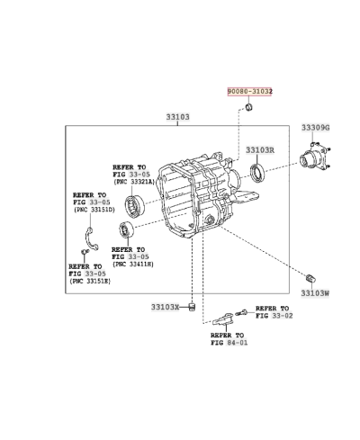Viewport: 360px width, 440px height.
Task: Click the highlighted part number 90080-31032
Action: click(x=249, y=92)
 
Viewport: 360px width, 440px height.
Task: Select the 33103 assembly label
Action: click(x=177, y=117)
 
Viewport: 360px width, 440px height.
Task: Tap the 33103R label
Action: click(x=260, y=150)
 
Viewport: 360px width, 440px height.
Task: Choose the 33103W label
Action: click(x=315, y=292)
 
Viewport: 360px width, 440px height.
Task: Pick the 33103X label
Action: click(x=166, y=307)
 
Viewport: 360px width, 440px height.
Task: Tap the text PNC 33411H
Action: click(x=133, y=264)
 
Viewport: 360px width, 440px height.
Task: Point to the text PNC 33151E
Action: click(x=90, y=282)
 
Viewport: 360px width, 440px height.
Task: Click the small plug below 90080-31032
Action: click(x=249, y=109)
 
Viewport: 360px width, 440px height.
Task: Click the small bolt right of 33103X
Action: click(x=192, y=307)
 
